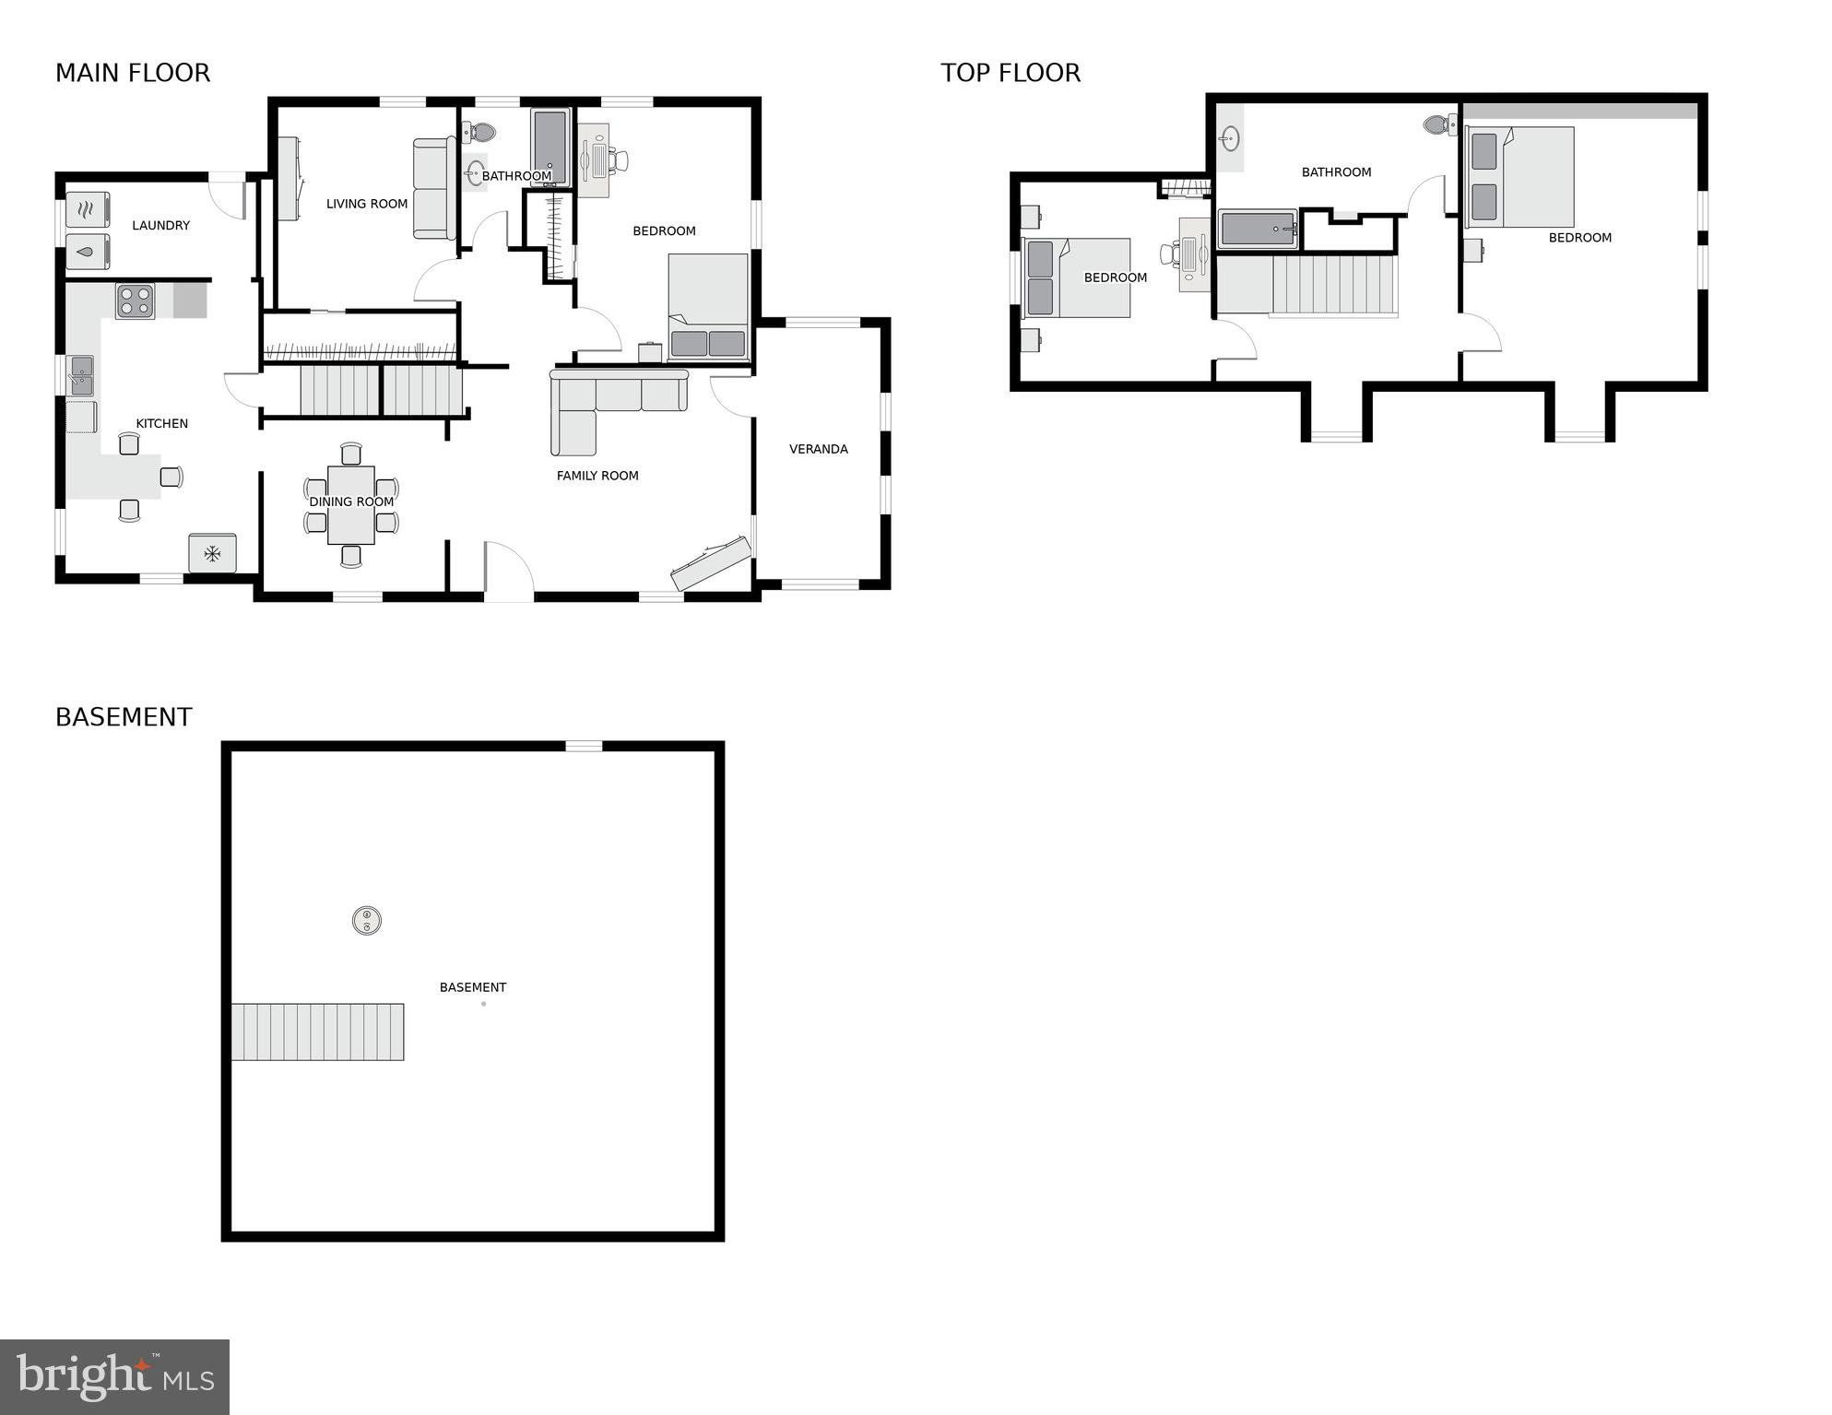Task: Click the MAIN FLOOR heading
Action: (x=133, y=73)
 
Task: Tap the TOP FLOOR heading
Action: (x=1011, y=73)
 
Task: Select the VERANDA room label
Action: (x=818, y=449)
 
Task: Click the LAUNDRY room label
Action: (x=160, y=225)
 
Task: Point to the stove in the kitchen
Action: (x=135, y=301)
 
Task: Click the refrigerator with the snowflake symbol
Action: (x=212, y=553)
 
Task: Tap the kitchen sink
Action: (x=80, y=375)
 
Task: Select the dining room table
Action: (x=351, y=504)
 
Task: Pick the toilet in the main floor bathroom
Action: (x=480, y=133)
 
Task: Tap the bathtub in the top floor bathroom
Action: (x=1258, y=229)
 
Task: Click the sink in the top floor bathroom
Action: (x=1229, y=139)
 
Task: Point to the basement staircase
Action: (x=317, y=1032)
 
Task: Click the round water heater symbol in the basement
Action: (x=367, y=920)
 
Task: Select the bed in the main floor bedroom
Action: (x=707, y=307)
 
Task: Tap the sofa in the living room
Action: (x=433, y=189)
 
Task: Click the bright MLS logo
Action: (x=114, y=1377)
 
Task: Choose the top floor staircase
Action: (x=1333, y=285)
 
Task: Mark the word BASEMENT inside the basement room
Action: (x=473, y=987)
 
